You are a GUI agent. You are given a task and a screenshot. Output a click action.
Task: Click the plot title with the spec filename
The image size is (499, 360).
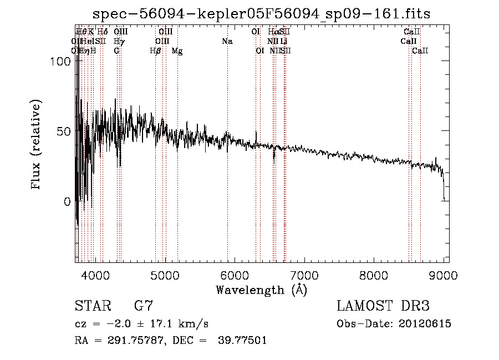tap(261, 13)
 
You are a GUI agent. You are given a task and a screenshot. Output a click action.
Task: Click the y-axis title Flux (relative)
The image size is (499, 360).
tap(37, 145)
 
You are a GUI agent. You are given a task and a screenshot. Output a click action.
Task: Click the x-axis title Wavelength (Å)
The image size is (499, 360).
tap(261, 290)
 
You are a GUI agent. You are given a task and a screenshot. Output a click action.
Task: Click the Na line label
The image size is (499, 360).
tap(227, 42)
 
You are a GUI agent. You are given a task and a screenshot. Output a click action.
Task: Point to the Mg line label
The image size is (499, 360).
tap(177, 51)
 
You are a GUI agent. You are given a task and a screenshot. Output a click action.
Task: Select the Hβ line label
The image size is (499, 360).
tap(156, 51)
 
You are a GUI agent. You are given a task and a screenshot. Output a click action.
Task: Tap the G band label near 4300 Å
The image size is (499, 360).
tap(116, 51)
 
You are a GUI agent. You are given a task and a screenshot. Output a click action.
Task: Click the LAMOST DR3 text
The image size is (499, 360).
tap(383, 306)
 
